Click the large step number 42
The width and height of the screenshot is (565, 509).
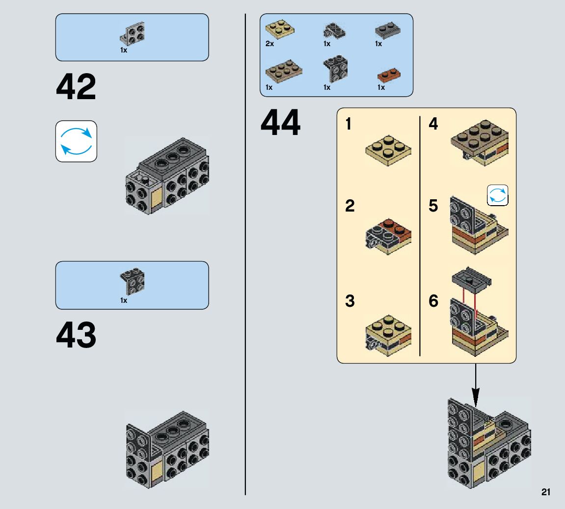point(76,87)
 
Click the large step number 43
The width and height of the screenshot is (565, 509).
point(76,335)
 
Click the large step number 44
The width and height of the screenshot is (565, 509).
point(280,123)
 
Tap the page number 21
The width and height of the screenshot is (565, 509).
point(546,492)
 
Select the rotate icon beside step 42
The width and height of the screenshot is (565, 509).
point(76,141)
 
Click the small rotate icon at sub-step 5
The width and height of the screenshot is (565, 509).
point(497,195)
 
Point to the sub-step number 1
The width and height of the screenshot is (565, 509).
point(349,124)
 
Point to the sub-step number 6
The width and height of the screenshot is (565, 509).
point(433,301)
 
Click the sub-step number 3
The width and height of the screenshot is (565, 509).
point(350,301)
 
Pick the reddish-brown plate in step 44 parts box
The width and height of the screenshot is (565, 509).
point(389,75)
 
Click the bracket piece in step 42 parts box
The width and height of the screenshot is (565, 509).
point(132,33)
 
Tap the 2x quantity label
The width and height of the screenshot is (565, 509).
point(269,44)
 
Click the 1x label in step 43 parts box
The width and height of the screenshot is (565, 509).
point(124,300)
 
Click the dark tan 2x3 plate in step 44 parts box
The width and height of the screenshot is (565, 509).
point(283,71)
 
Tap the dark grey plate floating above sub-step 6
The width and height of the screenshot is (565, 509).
point(471,280)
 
